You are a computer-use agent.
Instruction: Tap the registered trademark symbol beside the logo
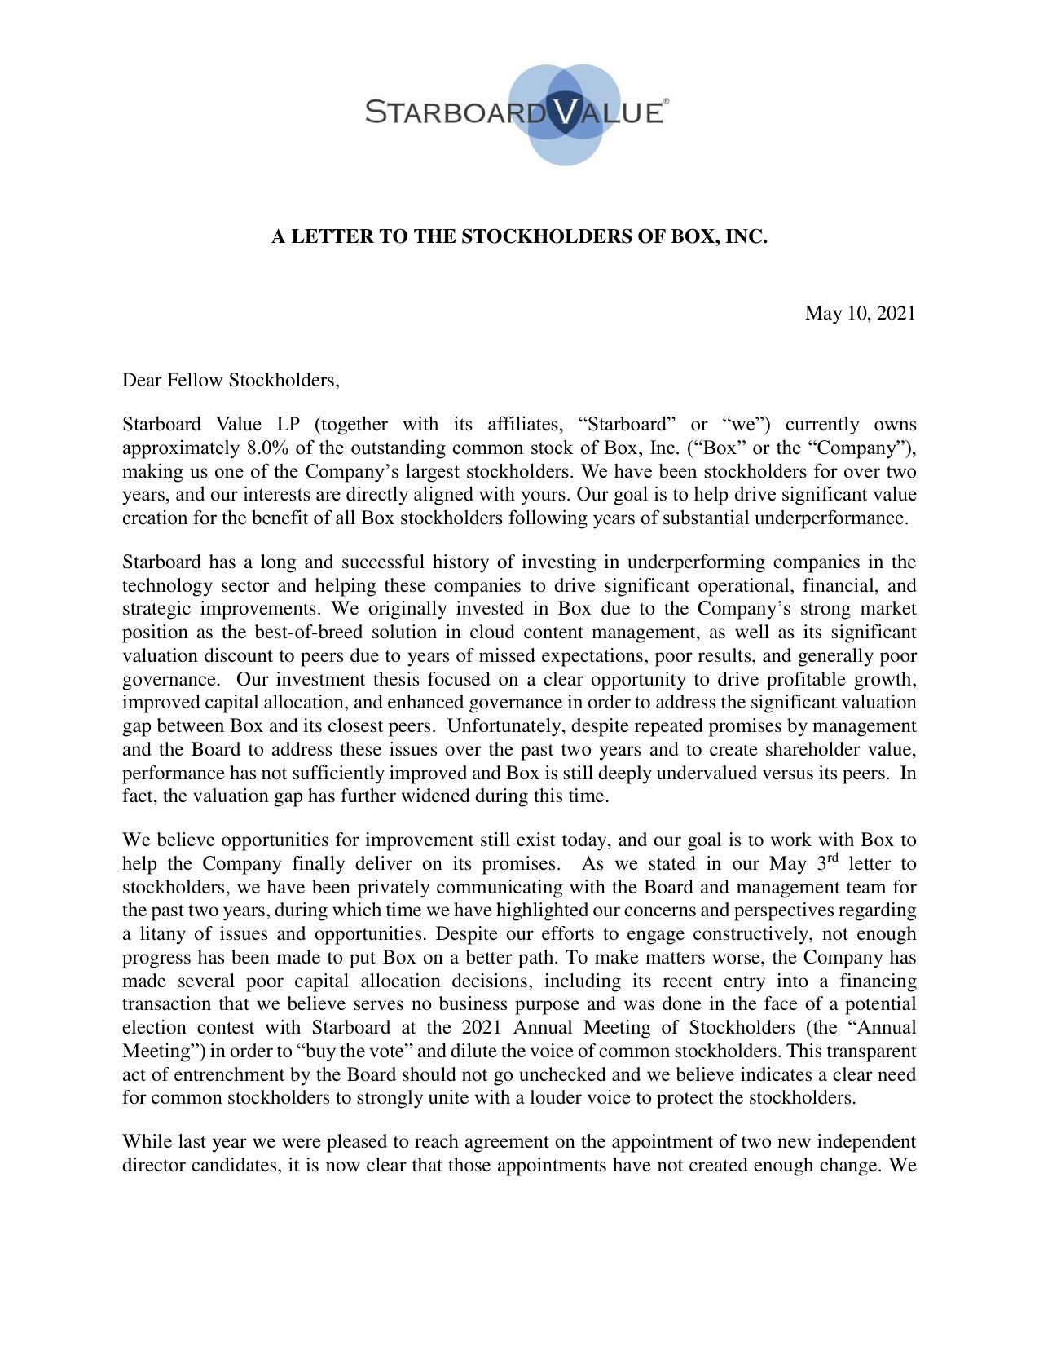[667, 101]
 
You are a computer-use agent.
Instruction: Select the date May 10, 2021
[860, 313]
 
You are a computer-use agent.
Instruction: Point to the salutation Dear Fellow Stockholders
[230, 380]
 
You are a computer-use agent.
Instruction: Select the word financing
[878, 981]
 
